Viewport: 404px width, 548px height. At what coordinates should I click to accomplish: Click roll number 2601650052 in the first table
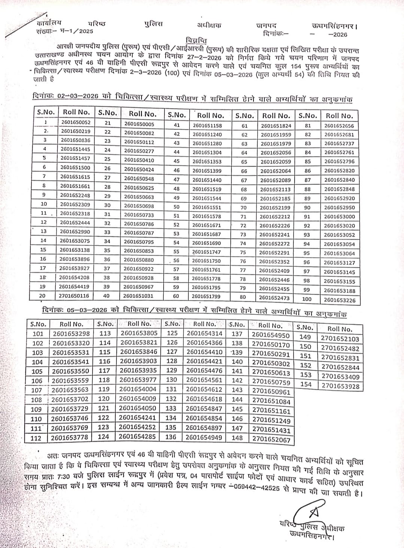click(x=76, y=122)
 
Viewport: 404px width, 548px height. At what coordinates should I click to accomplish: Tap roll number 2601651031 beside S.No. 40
click(x=139, y=296)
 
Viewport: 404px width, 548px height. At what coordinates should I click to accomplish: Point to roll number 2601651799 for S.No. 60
click(x=206, y=296)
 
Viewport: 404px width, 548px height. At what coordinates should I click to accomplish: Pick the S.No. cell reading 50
click(x=176, y=207)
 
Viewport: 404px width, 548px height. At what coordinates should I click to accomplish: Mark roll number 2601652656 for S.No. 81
click(x=339, y=126)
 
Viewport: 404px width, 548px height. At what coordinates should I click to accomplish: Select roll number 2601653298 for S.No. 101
click(x=71, y=334)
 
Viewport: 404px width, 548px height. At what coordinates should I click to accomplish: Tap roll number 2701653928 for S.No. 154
click(x=340, y=386)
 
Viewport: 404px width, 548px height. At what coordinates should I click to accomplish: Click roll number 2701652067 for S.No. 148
click(x=271, y=440)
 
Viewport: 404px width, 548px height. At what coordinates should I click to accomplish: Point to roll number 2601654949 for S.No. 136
click(x=204, y=437)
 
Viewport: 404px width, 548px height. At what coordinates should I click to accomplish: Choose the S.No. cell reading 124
click(x=103, y=436)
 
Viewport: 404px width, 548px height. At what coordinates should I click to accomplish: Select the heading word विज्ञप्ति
click(x=197, y=40)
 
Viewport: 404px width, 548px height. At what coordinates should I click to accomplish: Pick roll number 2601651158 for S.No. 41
click(x=207, y=126)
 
